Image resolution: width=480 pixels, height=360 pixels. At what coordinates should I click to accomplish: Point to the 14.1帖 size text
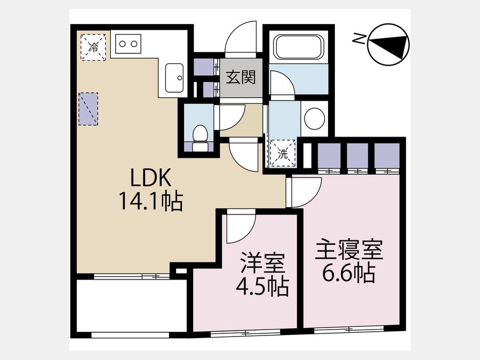(x=151, y=201)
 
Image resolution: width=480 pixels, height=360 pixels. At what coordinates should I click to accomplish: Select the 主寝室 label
(x=349, y=250)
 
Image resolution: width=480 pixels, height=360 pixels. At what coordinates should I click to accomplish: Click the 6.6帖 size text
(x=349, y=273)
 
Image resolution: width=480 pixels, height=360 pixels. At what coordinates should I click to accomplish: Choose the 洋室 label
(x=262, y=262)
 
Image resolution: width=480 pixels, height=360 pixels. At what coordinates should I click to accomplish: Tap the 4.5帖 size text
(x=262, y=286)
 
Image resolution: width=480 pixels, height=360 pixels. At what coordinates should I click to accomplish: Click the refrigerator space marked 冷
(x=93, y=47)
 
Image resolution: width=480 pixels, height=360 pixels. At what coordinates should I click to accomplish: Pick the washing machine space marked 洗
(x=283, y=154)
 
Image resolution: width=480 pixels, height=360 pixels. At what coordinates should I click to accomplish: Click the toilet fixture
(x=199, y=138)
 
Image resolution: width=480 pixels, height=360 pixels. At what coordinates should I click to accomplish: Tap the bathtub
(x=298, y=47)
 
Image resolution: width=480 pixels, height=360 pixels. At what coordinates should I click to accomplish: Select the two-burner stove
(x=128, y=44)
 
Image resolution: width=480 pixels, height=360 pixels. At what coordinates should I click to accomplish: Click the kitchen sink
(x=174, y=78)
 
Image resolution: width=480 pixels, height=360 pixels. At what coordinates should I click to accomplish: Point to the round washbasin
(x=315, y=118)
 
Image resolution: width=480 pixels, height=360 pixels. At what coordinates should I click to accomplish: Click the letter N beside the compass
(x=357, y=39)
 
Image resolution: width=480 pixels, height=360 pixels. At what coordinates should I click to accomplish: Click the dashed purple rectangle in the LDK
(x=89, y=109)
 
